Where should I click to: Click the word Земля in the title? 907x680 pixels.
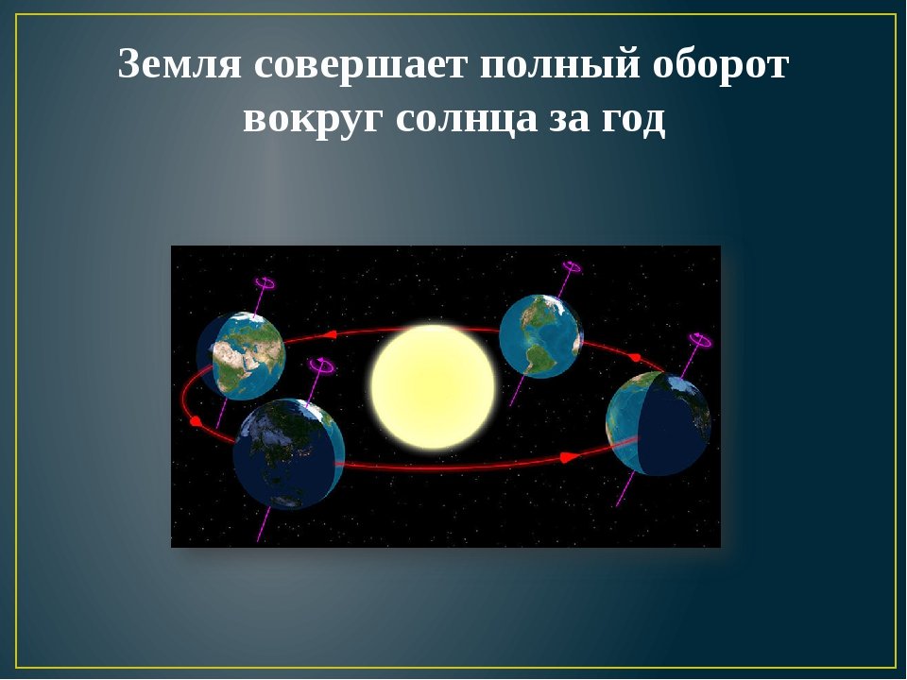pyautogui.click(x=180, y=64)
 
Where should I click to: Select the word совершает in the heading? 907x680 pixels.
pyautogui.click(x=360, y=65)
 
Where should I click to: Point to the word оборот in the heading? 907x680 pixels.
pyautogui.click(x=721, y=65)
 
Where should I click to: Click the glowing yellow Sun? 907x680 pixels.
pyautogui.click(x=433, y=387)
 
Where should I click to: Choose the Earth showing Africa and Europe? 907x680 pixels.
pyautogui.click(x=241, y=356)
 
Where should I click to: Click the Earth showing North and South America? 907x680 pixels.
pyautogui.click(x=540, y=336)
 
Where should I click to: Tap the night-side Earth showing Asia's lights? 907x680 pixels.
pyautogui.click(x=289, y=454)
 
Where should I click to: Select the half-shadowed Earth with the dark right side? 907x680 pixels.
pyautogui.click(x=659, y=424)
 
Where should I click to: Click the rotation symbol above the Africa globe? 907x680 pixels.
pyautogui.click(x=265, y=284)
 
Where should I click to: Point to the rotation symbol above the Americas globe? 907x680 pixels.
pyautogui.click(x=572, y=267)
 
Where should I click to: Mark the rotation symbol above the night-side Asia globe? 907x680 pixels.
pyautogui.click(x=321, y=365)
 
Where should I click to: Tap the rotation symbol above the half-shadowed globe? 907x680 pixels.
pyautogui.click(x=701, y=340)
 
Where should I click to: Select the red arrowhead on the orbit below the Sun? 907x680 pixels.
pyautogui.click(x=569, y=457)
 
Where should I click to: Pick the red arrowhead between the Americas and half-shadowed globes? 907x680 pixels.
pyautogui.click(x=635, y=358)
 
